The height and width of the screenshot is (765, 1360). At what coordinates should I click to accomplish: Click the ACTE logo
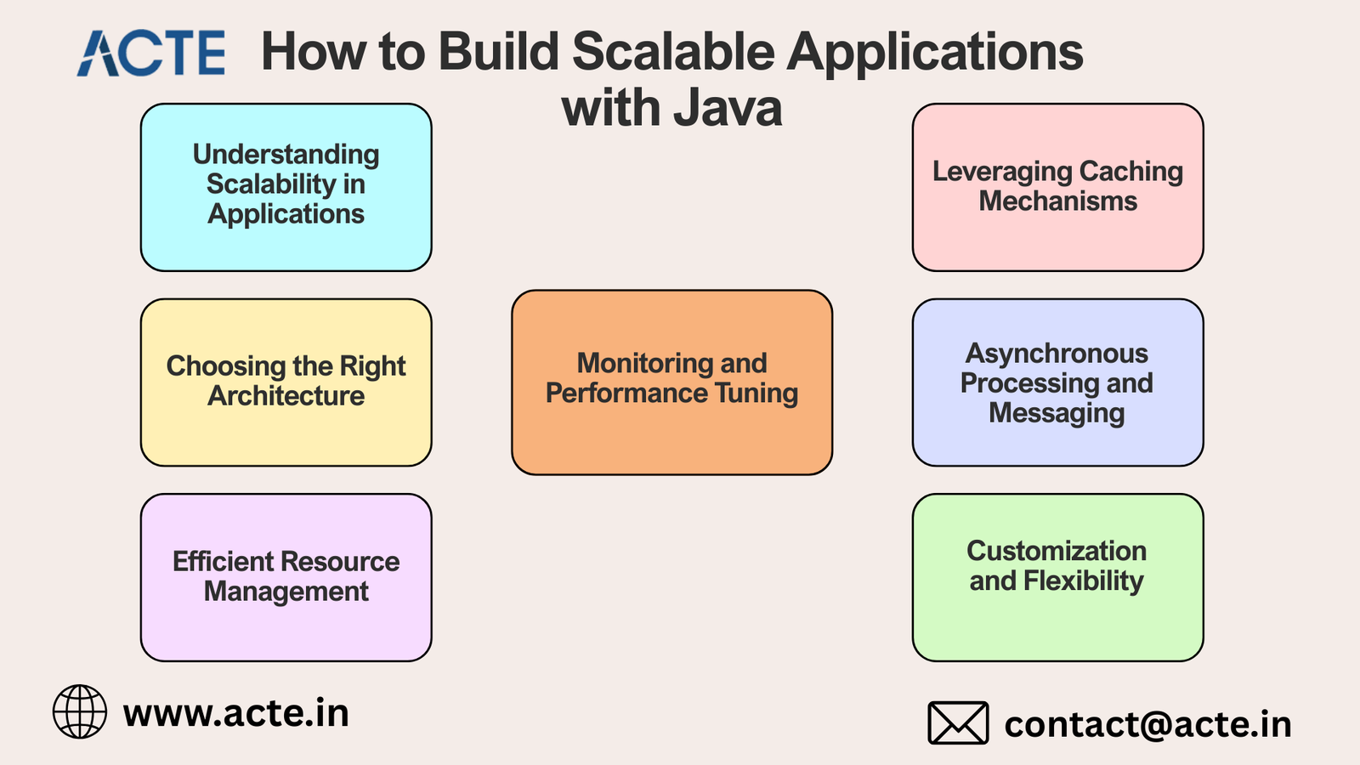[x=151, y=54]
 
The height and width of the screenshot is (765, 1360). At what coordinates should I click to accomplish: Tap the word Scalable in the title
[x=673, y=51]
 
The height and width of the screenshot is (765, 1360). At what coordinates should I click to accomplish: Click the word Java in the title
[x=728, y=108]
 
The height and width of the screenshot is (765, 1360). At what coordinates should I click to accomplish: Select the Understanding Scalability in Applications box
[x=286, y=187]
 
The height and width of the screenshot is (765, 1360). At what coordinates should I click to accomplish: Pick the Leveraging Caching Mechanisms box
[x=1057, y=187]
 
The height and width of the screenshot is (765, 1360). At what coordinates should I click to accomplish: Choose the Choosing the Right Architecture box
[x=286, y=382]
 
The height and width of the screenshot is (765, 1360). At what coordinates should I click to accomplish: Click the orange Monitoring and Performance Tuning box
[x=671, y=382]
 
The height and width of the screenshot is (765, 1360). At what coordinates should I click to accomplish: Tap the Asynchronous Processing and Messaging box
[x=1057, y=382]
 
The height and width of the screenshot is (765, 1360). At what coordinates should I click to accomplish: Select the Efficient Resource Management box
[x=286, y=577]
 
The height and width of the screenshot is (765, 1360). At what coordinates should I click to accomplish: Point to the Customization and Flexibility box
[x=1057, y=577]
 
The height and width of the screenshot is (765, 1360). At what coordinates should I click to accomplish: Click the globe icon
[x=80, y=711]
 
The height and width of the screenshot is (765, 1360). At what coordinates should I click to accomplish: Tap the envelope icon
[x=958, y=723]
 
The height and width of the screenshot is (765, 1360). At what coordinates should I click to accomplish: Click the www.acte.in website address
[x=236, y=713]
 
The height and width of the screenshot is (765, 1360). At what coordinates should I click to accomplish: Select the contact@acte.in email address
[x=1147, y=724]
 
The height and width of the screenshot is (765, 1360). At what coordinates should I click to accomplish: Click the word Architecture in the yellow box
[x=286, y=396]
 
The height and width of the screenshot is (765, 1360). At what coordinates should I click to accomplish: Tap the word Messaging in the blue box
[x=1057, y=414]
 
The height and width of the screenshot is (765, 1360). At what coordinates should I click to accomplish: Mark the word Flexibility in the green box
[x=1083, y=581]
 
